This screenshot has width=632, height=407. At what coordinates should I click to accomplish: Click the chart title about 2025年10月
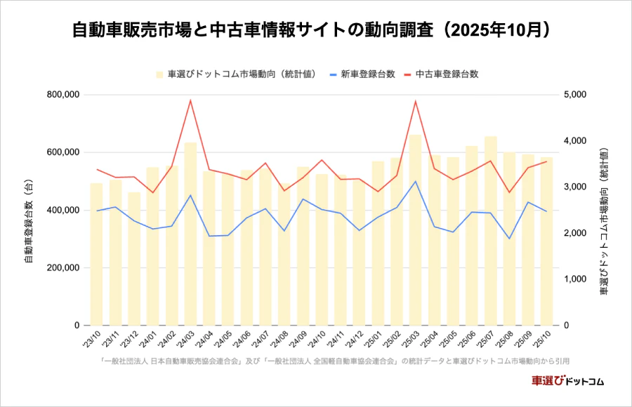315,31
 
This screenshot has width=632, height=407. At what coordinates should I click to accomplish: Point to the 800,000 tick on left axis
62,95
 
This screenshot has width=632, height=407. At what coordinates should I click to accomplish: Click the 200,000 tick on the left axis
62,268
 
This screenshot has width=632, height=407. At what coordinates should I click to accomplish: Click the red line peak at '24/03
190,100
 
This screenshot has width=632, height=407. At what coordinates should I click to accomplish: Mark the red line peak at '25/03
416,101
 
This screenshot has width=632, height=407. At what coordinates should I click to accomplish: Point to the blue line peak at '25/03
416,181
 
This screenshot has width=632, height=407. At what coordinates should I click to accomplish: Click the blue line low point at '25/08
510,239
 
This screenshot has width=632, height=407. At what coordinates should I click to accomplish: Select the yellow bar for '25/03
416,232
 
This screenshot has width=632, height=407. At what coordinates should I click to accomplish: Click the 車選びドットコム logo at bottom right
567,381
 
